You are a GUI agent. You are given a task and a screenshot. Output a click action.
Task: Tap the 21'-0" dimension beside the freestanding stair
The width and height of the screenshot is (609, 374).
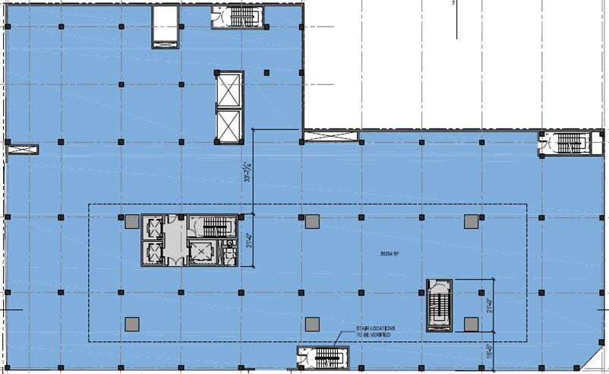(x=490, y=306)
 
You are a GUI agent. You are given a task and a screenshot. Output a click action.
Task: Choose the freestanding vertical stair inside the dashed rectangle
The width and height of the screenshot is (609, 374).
(x=438, y=306)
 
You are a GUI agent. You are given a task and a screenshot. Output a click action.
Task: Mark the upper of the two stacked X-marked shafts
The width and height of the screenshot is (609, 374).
(x=229, y=91)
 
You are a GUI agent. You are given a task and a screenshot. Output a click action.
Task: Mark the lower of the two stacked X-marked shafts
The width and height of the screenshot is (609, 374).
(x=229, y=125)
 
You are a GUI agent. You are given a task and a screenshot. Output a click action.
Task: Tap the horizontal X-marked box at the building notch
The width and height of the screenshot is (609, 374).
(x=329, y=138)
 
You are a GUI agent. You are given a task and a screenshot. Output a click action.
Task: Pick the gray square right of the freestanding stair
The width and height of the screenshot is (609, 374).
(x=471, y=325)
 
